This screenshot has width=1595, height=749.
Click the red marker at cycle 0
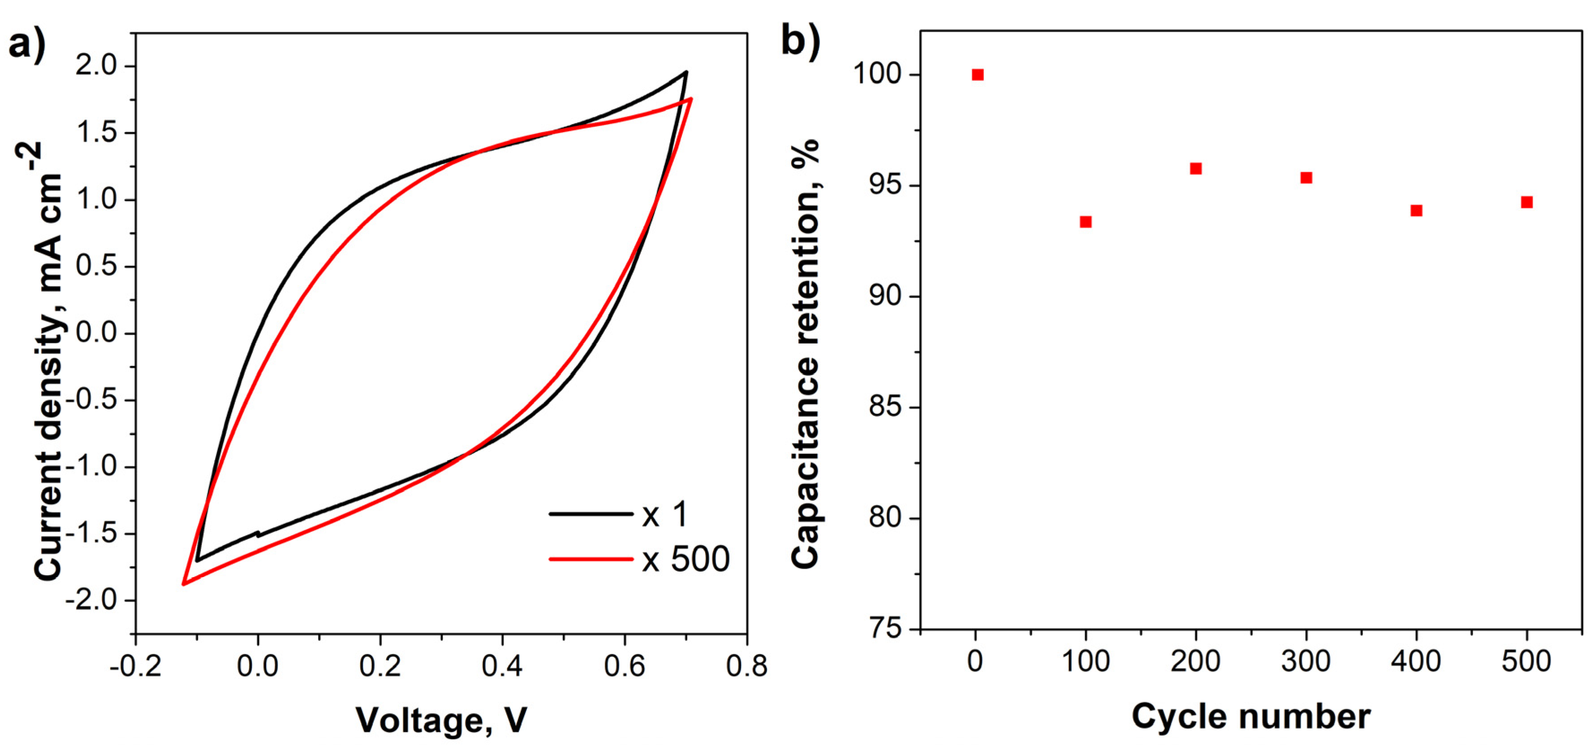[x=978, y=75]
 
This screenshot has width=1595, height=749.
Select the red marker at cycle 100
[x=1086, y=222]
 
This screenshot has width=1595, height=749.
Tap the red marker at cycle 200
[x=1196, y=168]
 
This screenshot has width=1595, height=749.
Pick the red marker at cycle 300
[x=1306, y=178]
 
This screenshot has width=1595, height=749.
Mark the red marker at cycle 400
[x=1416, y=211]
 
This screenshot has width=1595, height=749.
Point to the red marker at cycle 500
[x=1527, y=202]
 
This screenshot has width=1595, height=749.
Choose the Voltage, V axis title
[x=441, y=719]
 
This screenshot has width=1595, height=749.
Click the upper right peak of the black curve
[x=685, y=73]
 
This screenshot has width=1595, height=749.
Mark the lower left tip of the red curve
[x=183, y=584]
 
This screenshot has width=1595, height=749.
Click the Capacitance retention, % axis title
[x=806, y=353]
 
